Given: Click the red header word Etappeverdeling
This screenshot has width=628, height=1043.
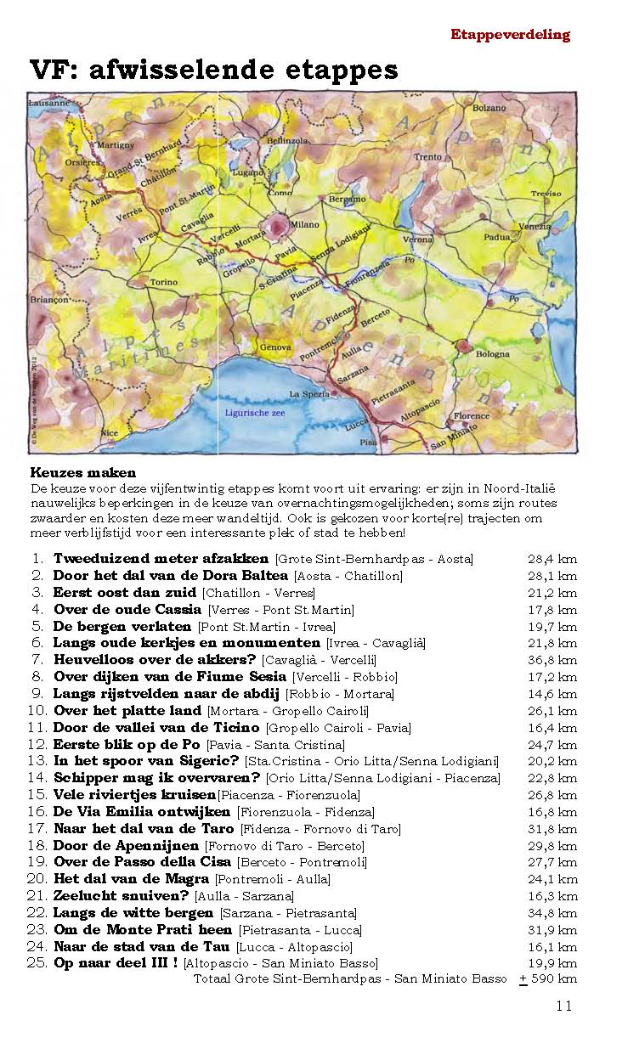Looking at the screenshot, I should click(510, 35).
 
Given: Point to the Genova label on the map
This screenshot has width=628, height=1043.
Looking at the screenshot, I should click(274, 347).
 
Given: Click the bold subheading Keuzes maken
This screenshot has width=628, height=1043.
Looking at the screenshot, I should click(83, 472).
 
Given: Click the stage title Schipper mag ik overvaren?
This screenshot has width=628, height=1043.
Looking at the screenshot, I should click(156, 777).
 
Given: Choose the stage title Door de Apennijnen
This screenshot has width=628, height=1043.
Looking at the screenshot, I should click(126, 845).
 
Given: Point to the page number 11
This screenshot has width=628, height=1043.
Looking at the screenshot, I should click(564, 1006).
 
